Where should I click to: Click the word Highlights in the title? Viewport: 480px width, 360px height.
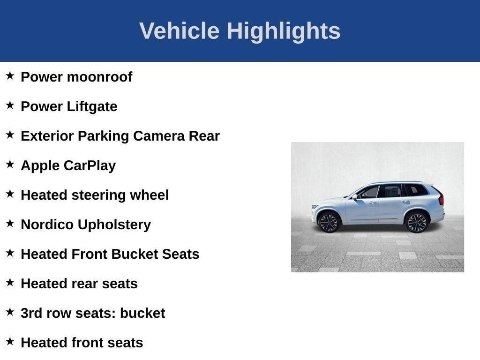[x=284, y=31]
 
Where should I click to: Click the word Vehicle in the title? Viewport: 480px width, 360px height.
[x=179, y=31]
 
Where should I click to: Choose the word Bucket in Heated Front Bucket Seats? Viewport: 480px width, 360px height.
[x=134, y=254]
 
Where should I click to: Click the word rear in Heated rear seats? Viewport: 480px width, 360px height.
[x=88, y=284]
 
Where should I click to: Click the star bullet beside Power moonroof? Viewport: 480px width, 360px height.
[x=10, y=75]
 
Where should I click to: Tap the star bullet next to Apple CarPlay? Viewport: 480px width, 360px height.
[x=10, y=164]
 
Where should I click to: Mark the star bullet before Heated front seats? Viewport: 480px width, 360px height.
[x=10, y=341]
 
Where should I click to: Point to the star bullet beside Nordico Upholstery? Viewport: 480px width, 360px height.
[x=10, y=223]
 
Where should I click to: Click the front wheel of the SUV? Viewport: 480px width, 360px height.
[x=329, y=222]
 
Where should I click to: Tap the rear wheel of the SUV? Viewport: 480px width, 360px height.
[x=416, y=222]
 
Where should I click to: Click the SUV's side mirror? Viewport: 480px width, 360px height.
[x=355, y=197]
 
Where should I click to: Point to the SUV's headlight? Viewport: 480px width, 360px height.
[x=315, y=206]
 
